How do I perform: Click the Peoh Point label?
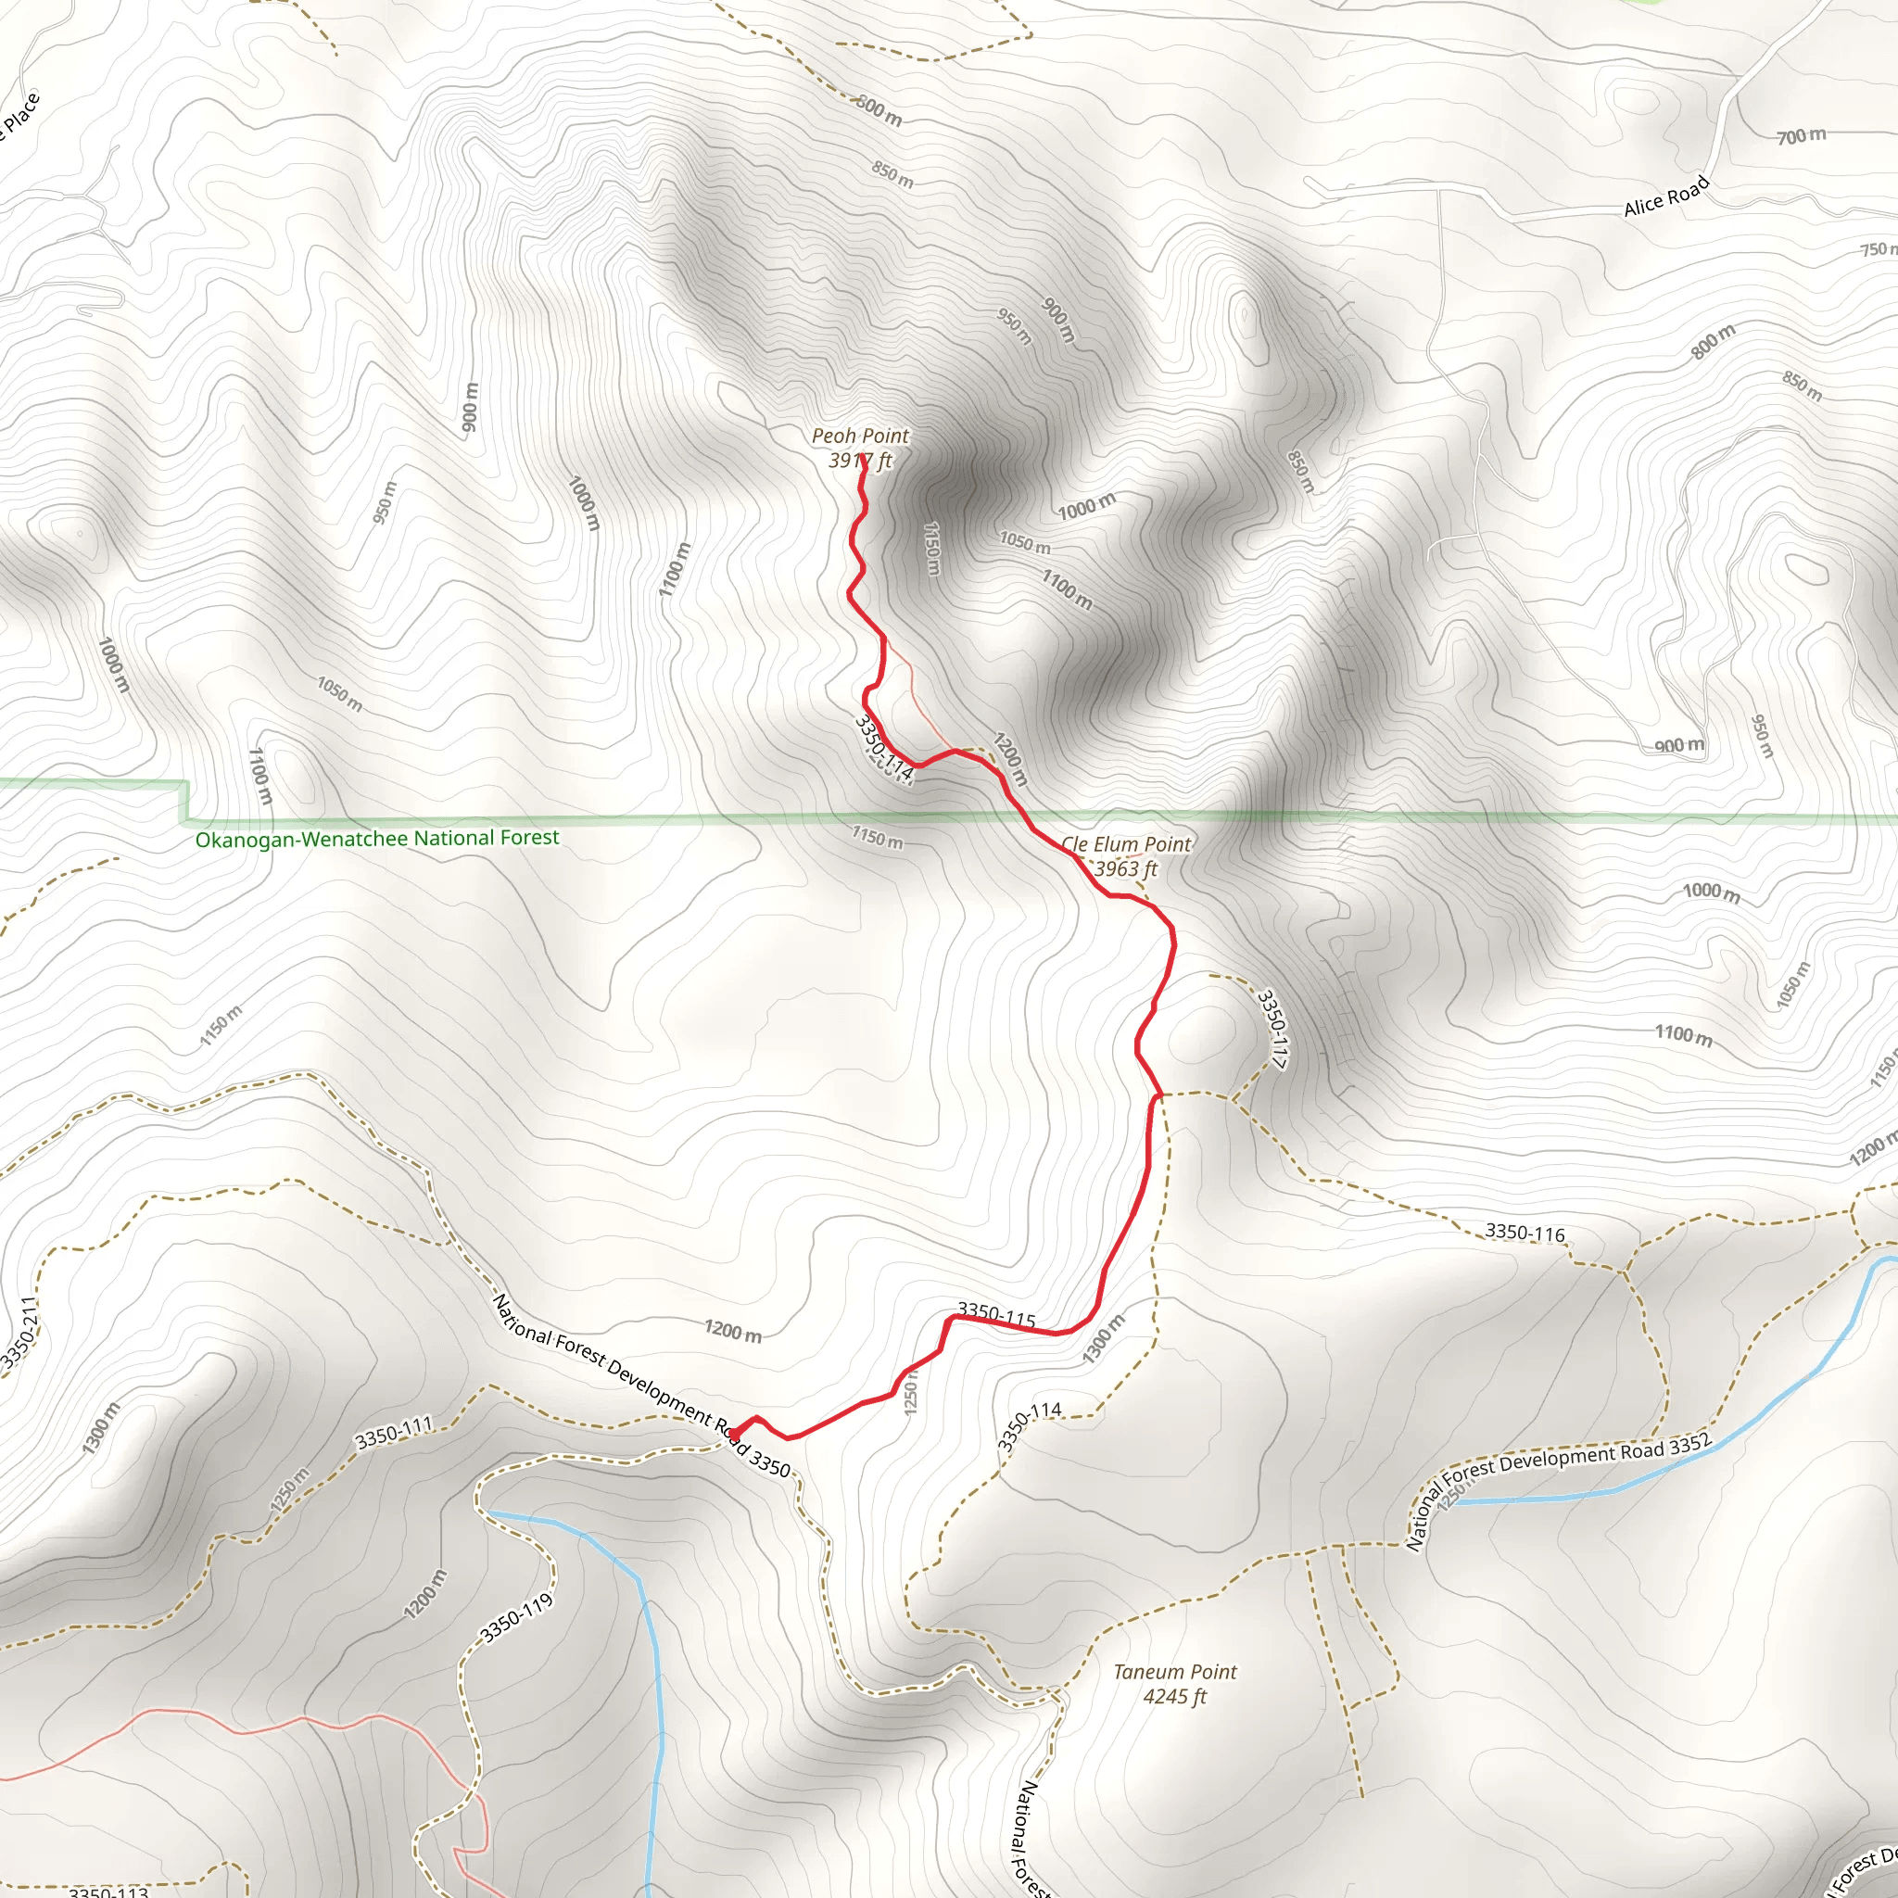point(860,436)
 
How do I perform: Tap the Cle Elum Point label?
point(1125,844)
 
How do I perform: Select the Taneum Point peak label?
point(1175,1672)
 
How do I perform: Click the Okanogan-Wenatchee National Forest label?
point(376,838)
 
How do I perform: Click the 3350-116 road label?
point(1525,1232)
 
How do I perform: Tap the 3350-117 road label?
point(1272,1029)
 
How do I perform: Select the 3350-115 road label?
point(996,1314)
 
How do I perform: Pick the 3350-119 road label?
point(517,1618)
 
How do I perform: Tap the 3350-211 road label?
point(19,1332)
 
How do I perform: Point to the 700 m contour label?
point(1801,135)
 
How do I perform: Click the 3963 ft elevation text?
point(1126,868)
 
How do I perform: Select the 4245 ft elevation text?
point(1175,1697)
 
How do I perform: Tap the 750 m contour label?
point(1879,249)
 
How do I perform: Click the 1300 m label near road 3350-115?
point(1103,1339)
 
